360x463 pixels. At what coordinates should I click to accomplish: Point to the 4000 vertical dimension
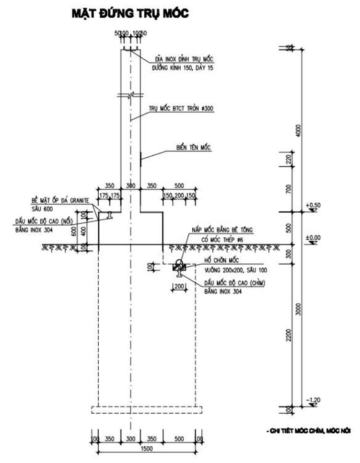click(298, 130)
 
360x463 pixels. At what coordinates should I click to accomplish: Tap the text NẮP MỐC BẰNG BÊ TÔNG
click(227, 230)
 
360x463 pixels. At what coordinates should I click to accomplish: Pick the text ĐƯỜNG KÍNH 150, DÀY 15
click(182, 69)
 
